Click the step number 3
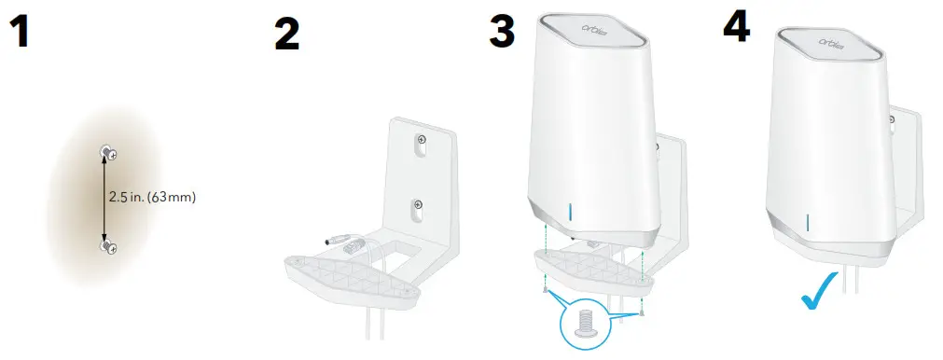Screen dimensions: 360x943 click(x=502, y=32)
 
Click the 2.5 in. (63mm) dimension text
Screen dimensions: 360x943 click(x=152, y=198)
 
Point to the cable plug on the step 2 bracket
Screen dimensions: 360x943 click(x=341, y=243)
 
